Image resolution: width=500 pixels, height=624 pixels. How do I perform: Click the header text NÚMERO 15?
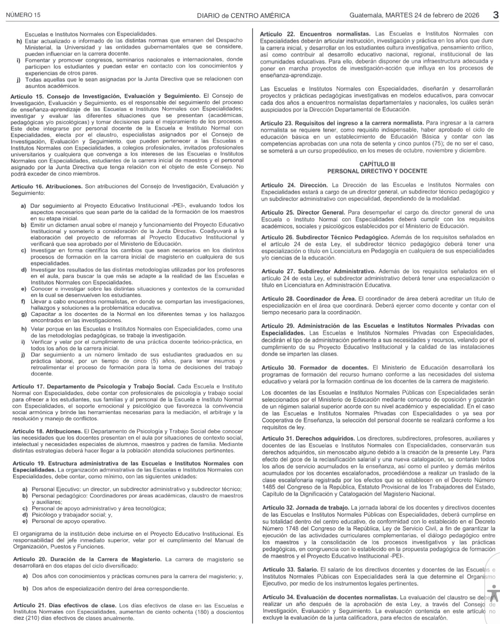[x=23, y=15]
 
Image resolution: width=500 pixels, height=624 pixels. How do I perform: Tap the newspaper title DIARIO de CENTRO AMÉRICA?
[x=243, y=15]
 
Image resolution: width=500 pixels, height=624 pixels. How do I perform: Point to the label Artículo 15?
[x=27, y=96]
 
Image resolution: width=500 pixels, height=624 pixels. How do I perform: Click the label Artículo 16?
[x=27, y=186]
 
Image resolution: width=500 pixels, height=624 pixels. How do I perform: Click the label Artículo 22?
[x=277, y=34]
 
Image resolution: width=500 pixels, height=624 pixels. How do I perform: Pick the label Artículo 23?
[x=277, y=123]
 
